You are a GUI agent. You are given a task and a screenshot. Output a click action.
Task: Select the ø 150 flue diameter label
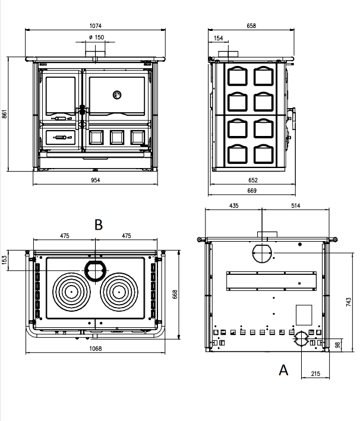[96, 37]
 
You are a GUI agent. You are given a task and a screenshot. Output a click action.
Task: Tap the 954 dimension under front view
[96, 179]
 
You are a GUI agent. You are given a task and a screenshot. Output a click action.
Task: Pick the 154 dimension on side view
[219, 38]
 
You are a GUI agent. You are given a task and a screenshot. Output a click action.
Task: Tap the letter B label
[99, 224]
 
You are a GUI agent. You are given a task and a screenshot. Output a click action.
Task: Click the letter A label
[283, 370]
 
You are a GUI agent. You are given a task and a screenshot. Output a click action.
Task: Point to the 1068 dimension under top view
[96, 348]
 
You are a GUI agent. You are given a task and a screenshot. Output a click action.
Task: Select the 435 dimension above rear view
[233, 205]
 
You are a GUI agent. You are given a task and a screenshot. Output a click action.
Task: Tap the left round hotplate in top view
[71, 292]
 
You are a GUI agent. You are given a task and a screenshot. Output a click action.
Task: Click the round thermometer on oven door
[117, 94]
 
